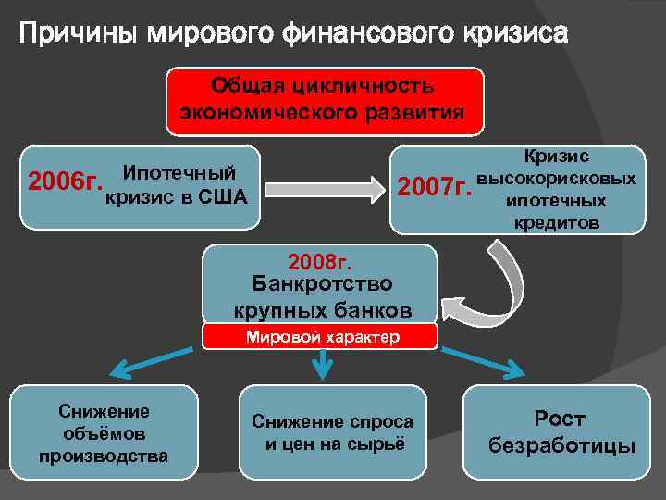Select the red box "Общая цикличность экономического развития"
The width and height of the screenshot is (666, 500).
click(324, 101)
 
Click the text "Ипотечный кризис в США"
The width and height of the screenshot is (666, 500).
click(178, 185)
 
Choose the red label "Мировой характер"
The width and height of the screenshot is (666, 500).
click(322, 337)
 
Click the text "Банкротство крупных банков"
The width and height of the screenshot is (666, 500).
click(320, 296)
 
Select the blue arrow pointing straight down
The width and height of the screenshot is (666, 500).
click(321, 365)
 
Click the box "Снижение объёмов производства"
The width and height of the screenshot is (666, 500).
click(104, 432)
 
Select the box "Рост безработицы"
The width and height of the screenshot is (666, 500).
click(561, 432)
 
